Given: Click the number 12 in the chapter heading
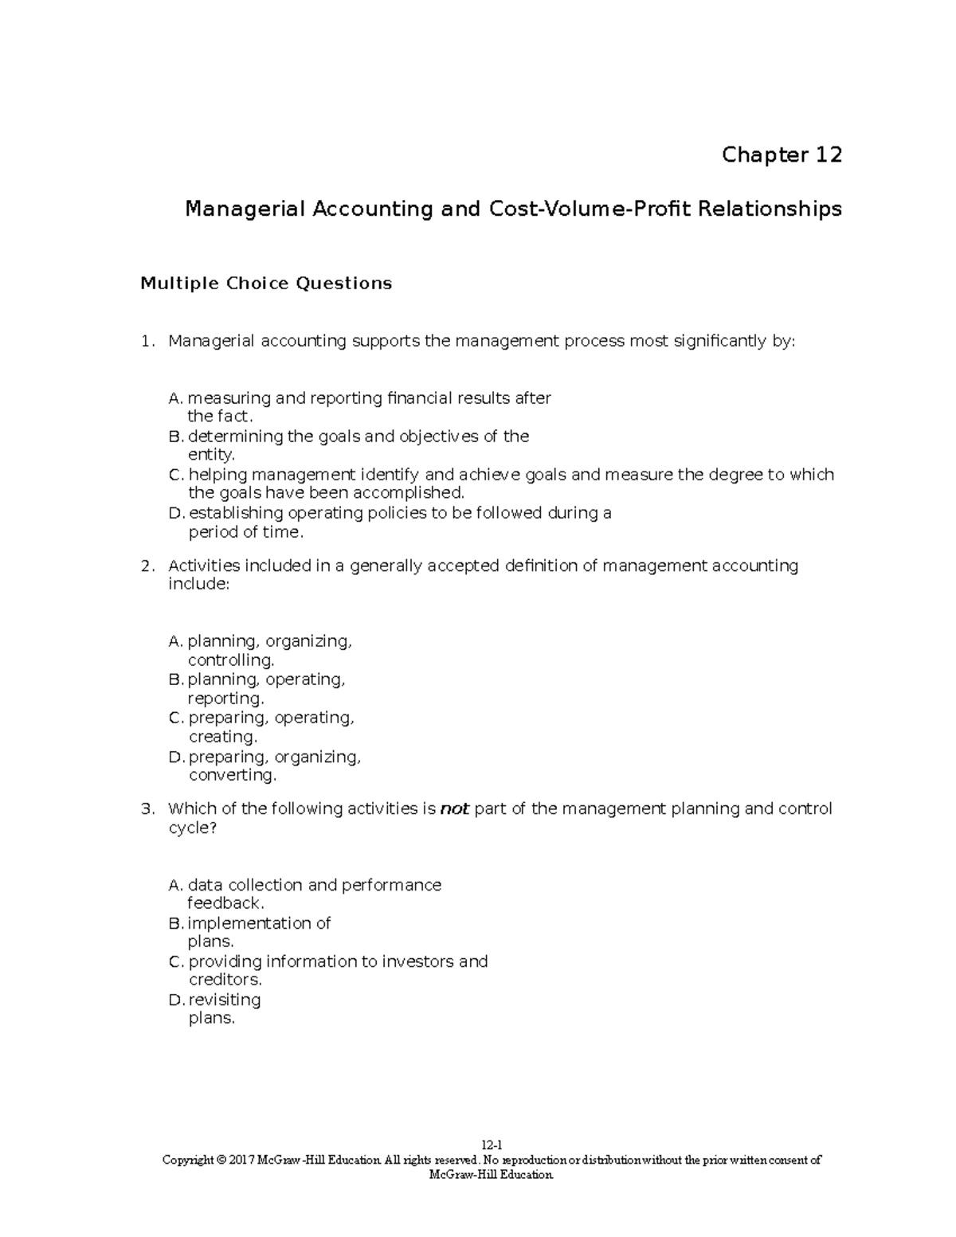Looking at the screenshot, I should pyautogui.click(x=828, y=155).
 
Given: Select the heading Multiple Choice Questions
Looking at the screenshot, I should pyautogui.click(x=266, y=284).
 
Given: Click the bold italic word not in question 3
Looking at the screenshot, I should pyautogui.click(x=454, y=809).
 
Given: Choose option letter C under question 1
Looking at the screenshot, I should pyautogui.click(x=177, y=475).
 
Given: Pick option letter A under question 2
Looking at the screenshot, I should pyautogui.click(x=176, y=641).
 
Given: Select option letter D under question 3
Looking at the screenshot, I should pyautogui.click(x=177, y=1000).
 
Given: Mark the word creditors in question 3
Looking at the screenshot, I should pyautogui.click(x=225, y=980).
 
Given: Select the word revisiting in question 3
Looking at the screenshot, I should pyautogui.click(x=225, y=1000).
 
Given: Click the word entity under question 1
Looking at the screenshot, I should pyautogui.click(x=210, y=455).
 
